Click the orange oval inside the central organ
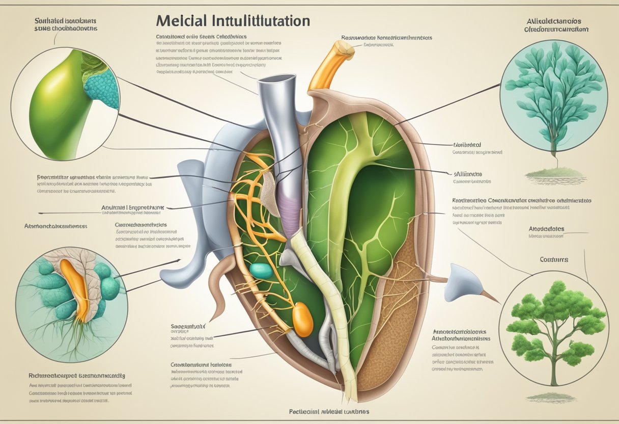(303, 320)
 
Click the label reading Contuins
(553, 259)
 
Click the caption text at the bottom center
(322, 411)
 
